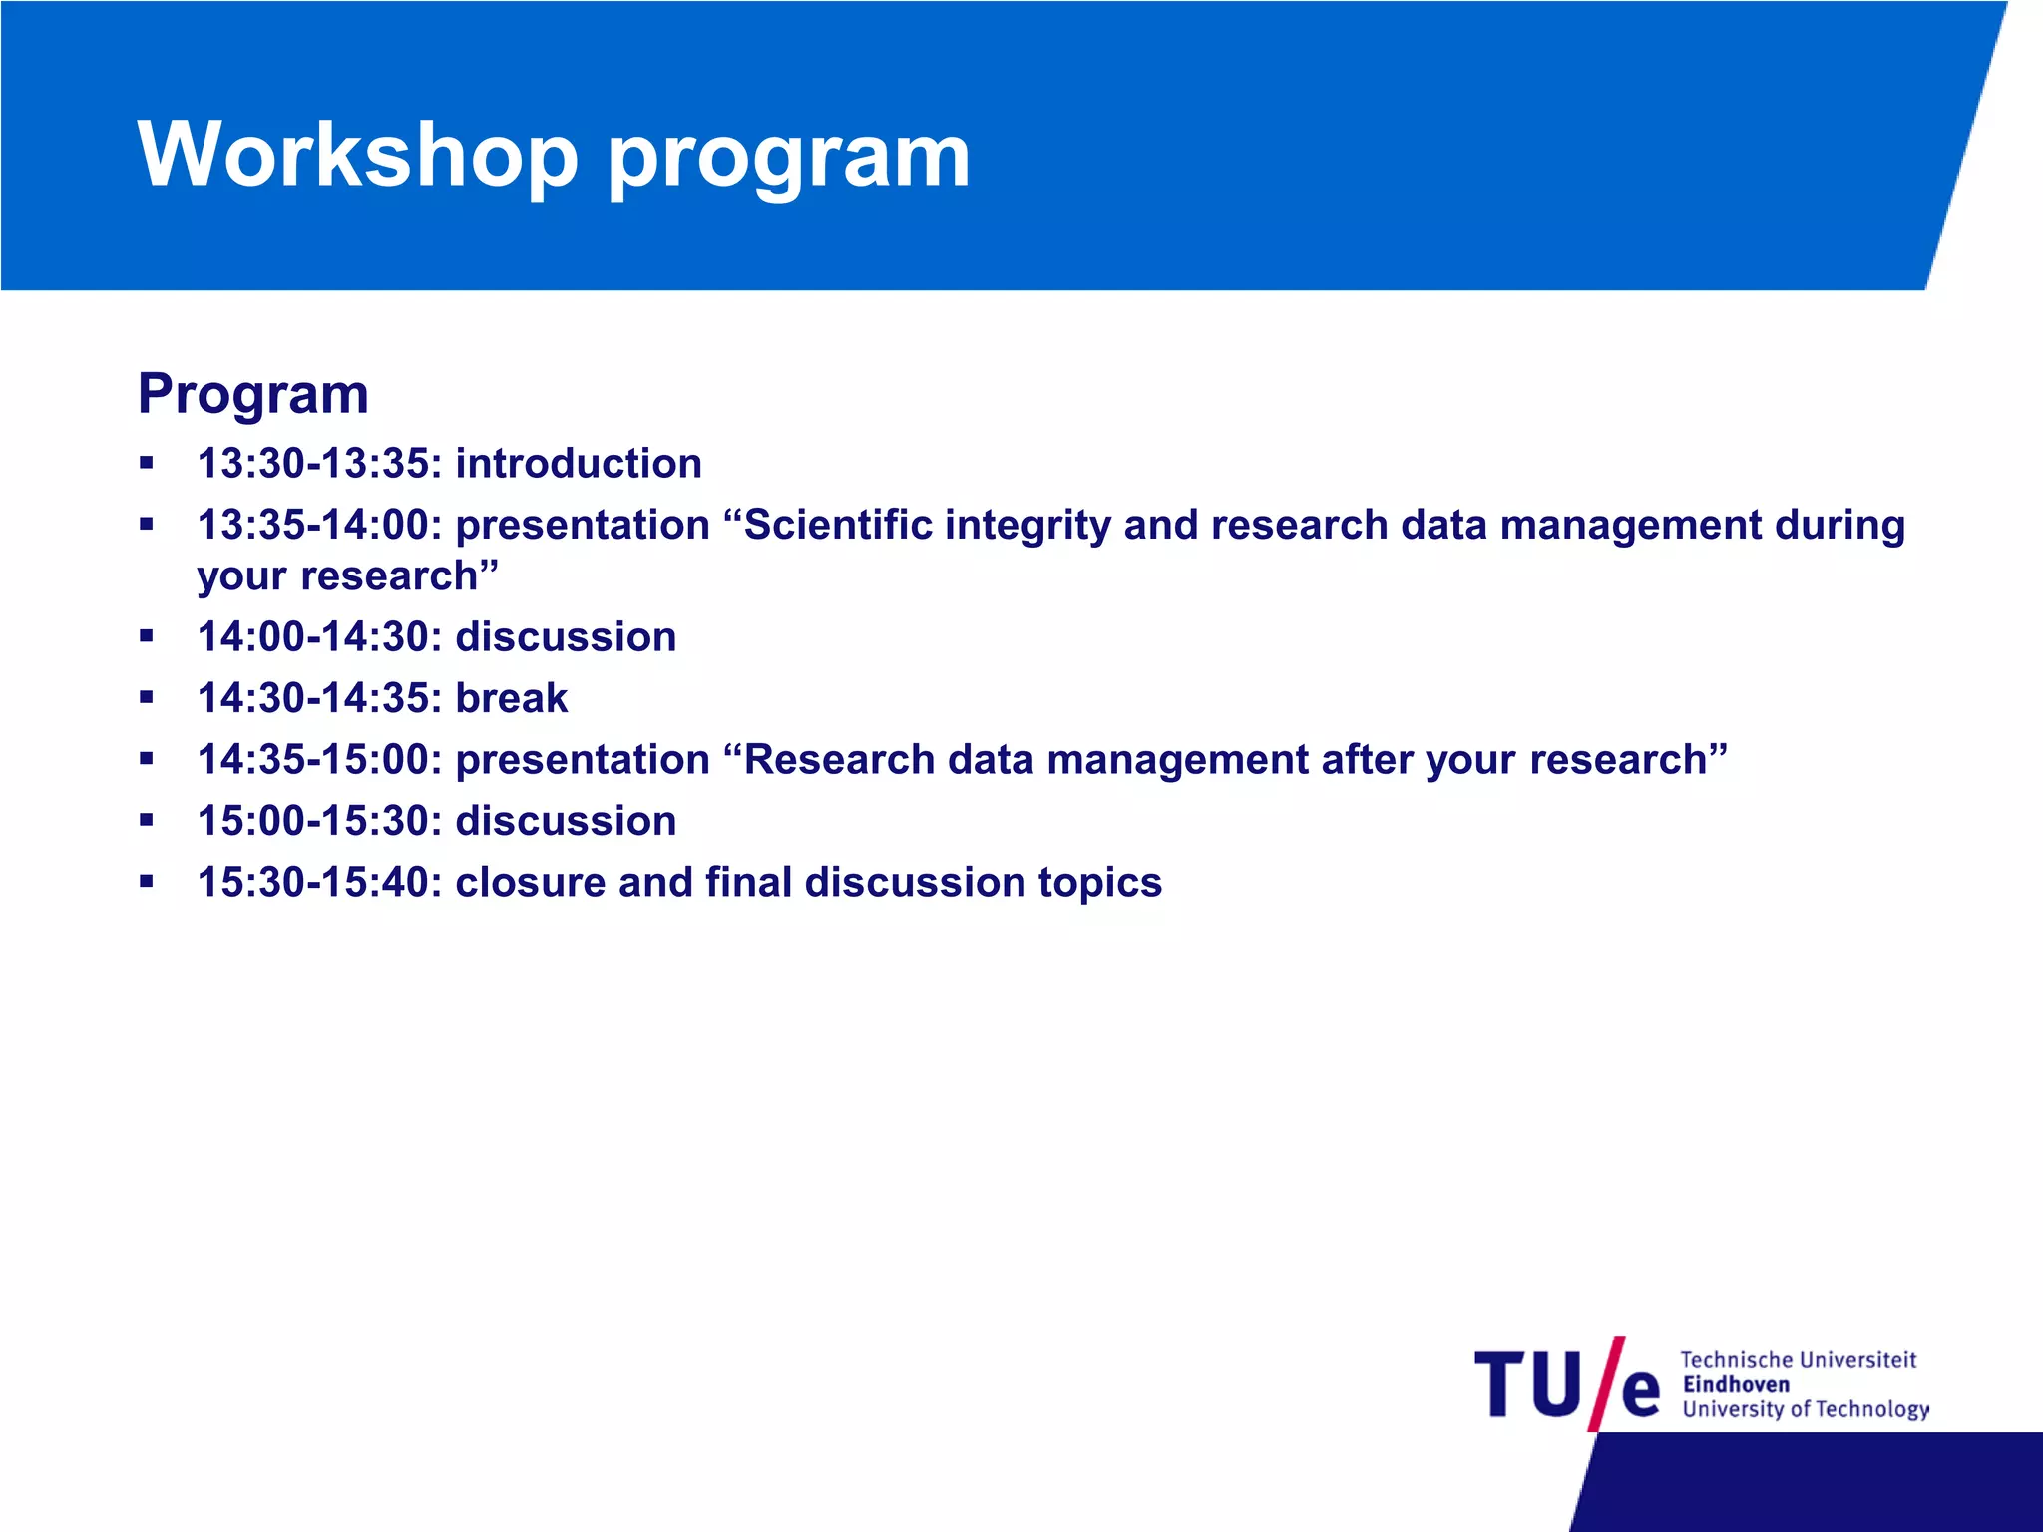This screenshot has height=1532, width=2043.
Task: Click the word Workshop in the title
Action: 357,154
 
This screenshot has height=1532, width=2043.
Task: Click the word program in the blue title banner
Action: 788,158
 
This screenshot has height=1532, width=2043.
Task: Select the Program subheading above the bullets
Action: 253,394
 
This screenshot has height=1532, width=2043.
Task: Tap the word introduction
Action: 579,464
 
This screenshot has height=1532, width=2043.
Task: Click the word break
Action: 511,698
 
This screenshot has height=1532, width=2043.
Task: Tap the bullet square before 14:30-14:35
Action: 147,697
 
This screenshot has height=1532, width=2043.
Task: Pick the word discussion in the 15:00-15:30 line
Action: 566,821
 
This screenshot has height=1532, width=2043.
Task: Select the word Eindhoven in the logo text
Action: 1736,1384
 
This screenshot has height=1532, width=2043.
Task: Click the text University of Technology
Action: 1806,1409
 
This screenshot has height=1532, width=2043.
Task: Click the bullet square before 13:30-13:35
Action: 147,463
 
